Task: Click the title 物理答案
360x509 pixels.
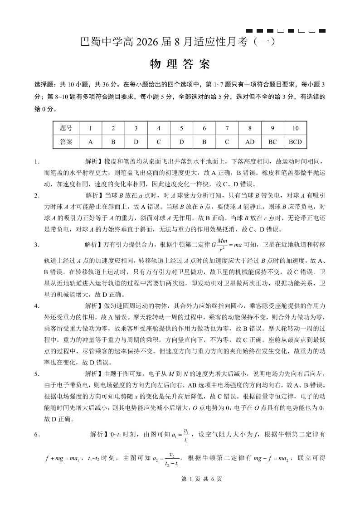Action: coord(180,65)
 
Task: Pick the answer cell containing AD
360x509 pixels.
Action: coord(249,141)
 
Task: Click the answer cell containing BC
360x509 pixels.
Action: coord(272,141)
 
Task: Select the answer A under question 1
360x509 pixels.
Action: coord(91,141)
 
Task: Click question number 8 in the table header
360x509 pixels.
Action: coord(249,128)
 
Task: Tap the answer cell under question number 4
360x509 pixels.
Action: coord(159,141)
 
